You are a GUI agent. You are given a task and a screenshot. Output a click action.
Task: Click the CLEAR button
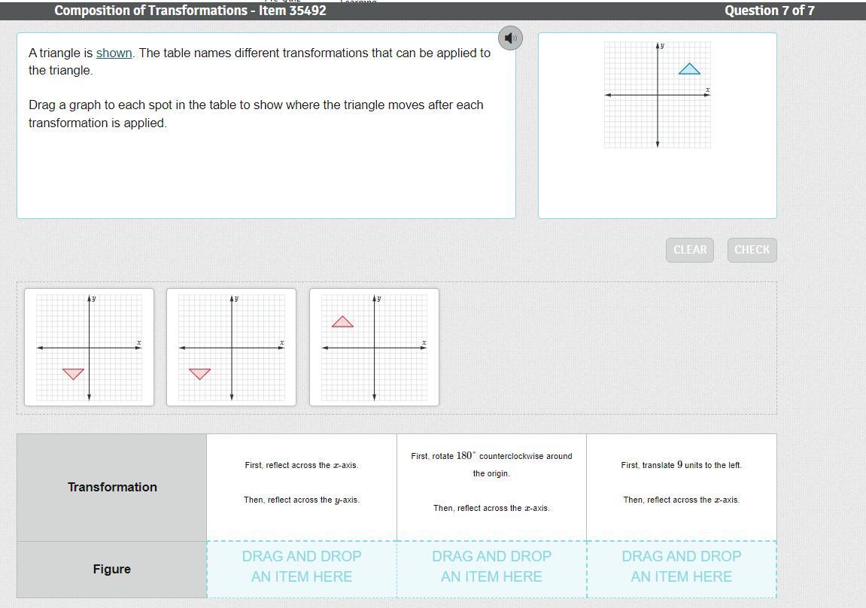click(690, 250)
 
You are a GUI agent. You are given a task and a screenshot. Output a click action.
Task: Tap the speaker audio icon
click(510, 38)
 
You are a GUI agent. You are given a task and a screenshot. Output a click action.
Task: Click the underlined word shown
click(114, 53)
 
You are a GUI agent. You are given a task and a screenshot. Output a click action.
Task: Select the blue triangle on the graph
click(689, 68)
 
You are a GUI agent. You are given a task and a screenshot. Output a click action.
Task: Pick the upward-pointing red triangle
click(342, 321)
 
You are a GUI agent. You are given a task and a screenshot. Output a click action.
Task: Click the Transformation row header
click(112, 487)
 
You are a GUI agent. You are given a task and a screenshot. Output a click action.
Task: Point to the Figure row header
click(112, 570)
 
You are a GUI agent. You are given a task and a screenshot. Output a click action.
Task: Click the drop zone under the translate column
click(682, 570)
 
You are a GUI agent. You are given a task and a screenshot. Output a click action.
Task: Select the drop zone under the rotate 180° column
click(491, 570)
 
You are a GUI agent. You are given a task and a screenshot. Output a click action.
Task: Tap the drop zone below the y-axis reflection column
click(302, 570)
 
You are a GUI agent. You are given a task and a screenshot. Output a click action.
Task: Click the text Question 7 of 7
click(770, 11)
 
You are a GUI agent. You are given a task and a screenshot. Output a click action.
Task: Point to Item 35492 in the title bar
click(293, 11)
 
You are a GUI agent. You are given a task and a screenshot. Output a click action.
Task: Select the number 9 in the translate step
click(680, 465)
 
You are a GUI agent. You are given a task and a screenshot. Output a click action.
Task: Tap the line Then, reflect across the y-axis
click(302, 500)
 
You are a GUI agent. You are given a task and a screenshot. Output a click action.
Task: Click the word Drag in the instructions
click(41, 105)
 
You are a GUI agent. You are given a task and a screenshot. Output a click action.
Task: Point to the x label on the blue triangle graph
click(707, 90)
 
